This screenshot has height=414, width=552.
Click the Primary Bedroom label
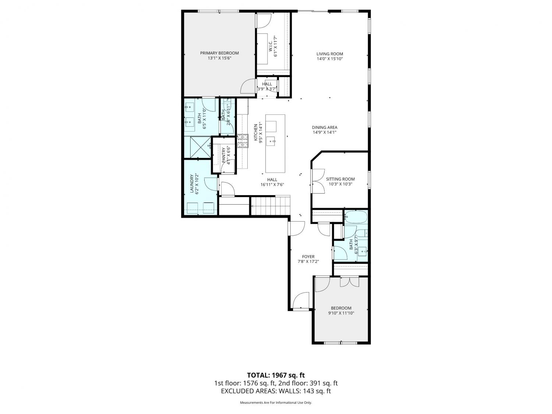point(219,53)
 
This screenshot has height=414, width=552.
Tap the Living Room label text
point(329,54)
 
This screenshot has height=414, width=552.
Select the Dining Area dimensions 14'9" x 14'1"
point(325,132)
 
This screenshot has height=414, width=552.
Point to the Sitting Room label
point(340,179)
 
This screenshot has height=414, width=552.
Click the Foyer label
point(308,256)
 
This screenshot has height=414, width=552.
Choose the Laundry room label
point(192,184)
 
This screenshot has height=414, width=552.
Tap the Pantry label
point(224,155)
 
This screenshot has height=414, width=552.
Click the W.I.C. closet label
point(270,47)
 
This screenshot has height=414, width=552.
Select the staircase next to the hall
point(270,206)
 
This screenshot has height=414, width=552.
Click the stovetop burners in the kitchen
point(243,141)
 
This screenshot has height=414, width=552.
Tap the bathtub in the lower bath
point(356,217)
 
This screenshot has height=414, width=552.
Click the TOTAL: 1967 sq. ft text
point(276,375)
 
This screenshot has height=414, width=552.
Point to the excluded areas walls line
point(276,391)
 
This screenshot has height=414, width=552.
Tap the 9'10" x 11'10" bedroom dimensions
point(341,313)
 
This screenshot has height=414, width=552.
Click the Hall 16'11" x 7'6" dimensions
point(272,184)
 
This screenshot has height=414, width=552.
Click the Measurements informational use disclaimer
point(276,403)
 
